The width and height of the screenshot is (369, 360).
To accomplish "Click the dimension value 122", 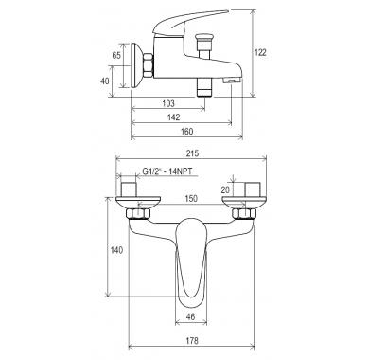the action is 260,52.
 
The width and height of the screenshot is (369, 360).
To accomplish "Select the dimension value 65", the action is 116,55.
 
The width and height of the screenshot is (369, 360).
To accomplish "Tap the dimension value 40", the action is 105,81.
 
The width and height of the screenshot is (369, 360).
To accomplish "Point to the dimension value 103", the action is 168,103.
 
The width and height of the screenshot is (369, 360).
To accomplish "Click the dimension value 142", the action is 174,117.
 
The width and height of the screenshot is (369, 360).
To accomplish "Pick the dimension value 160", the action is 186,131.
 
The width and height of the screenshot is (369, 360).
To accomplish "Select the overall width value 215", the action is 192,153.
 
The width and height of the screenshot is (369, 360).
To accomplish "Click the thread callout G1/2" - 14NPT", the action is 167,171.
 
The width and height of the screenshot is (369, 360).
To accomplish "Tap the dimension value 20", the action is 225,189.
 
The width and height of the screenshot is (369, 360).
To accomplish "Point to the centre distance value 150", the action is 191,198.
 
